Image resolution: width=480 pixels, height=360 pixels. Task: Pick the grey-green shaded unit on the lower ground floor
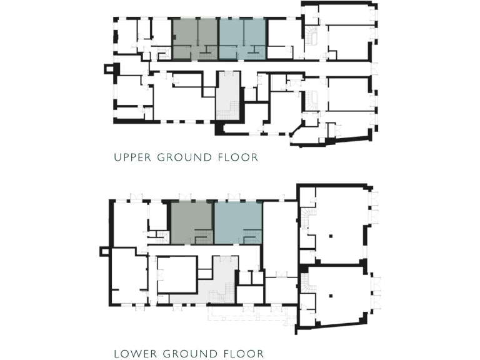[192, 222]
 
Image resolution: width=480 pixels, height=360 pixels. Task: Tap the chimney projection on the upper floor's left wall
[111, 68]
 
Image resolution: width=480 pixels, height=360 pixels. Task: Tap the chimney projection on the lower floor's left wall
[104, 252]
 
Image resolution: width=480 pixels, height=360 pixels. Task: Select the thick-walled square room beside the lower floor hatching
[176, 275]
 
